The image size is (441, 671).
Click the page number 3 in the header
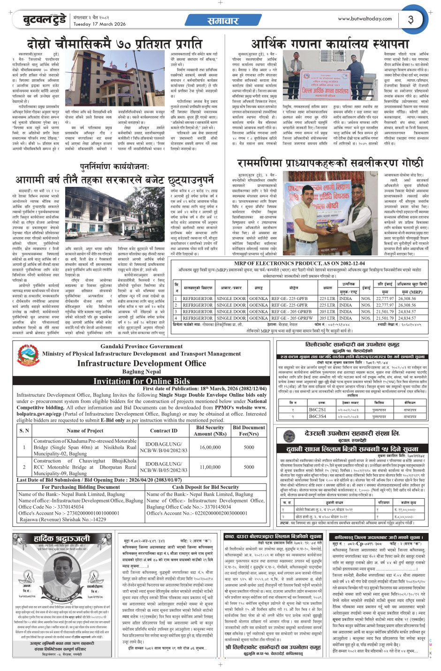411,19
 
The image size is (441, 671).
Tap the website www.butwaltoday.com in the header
365,19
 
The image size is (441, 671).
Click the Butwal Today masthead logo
46,20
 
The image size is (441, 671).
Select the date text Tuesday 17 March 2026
99,24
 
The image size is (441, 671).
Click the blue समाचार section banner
223,21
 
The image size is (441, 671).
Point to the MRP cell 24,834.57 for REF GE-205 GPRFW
407,318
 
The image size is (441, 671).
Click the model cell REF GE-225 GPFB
289,298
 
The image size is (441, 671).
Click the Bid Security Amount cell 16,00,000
210,447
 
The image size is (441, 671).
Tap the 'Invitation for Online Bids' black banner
141,381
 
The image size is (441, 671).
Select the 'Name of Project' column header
85,430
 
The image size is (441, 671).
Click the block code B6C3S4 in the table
317,416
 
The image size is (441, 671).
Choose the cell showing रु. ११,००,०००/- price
405,509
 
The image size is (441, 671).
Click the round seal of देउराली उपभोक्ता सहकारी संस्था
289,436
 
